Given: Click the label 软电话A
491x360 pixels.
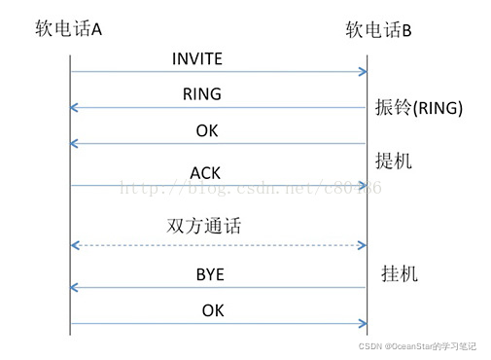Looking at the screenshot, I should click(68, 29).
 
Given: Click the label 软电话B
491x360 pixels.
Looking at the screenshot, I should click(379, 30).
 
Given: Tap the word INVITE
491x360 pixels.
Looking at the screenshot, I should click(197, 59).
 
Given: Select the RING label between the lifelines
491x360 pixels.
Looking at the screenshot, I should click(202, 94).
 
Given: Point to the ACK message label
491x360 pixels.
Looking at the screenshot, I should click(205, 172).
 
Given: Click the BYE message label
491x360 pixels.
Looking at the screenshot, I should click(210, 275).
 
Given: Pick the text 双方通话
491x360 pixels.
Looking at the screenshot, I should click(204, 227).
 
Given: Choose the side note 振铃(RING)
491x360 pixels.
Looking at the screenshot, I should click(418, 107).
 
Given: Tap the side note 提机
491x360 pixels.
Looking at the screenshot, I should click(394, 161).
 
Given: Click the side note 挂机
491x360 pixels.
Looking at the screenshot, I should click(399, 274).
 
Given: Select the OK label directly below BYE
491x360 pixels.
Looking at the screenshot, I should click(213, 310).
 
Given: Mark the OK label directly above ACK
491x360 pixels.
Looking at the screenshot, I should click(207, 131).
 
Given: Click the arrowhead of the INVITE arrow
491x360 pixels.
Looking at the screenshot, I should click(363, 71).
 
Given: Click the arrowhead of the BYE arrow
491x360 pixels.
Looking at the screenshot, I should click(77, 287).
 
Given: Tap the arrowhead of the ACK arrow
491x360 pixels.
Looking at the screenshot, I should click(363, 185).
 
